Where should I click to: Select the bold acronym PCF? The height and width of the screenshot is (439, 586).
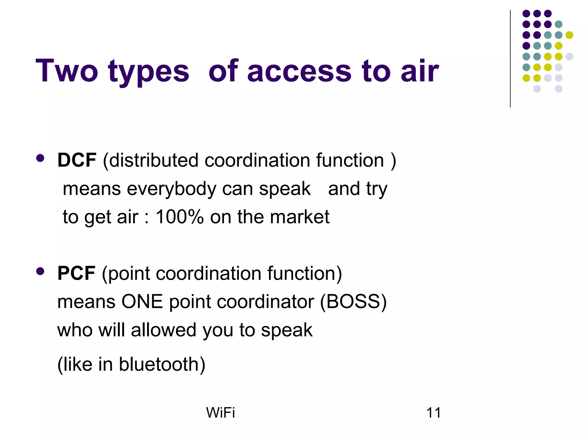[76, 273]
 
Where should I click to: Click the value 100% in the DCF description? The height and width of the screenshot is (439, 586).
[179, 217]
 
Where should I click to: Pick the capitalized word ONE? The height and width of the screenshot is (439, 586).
[142, 302]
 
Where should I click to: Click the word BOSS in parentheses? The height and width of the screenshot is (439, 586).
[353, 302]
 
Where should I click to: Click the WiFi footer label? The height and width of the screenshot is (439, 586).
[220, 413]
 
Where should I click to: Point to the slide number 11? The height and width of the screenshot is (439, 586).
[433, 413]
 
